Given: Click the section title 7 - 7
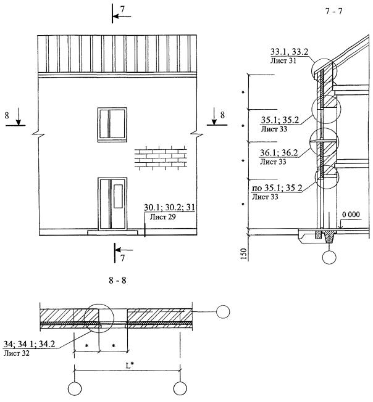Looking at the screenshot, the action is click(x=333, y=12).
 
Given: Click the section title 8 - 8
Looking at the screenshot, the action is click(x=117, y=280).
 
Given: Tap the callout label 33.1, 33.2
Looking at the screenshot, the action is click(x=289, y=52).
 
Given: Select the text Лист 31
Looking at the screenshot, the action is click(x=283, y=61).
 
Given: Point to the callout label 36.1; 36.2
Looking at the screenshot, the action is click(x=279, y=153).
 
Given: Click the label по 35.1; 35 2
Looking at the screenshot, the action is click(x=277, y=188).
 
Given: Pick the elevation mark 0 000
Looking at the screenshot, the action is click(x=351, y=215).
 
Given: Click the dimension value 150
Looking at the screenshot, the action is click(x=243, y=254).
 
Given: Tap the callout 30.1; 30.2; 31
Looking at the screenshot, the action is click(x=169, y=207).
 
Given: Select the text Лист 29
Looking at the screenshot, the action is click(x=163, y=217).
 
